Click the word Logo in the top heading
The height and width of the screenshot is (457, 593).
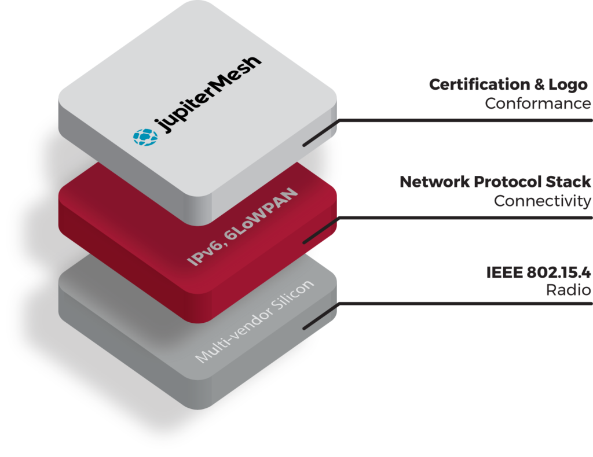[x=569, y=84]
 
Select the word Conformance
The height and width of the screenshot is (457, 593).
[x=537, y=104]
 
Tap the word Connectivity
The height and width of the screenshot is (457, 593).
[x=542, y=201]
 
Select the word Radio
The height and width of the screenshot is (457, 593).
[x=568, y=290]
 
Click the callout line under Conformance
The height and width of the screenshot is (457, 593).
[x=463, y=120]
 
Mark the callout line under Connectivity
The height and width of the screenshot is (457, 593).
[x=463, y=218]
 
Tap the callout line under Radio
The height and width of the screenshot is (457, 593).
[x=463, y=303]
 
